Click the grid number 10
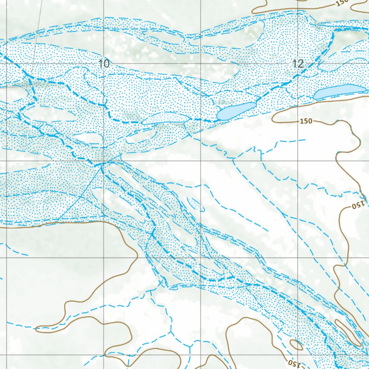[103, 64]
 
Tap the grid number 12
[298, 64]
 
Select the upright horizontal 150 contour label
[306, 121]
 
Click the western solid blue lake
[236, 111]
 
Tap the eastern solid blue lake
[335, 92]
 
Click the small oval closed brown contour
[296, 345]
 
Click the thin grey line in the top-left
[36, 36]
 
